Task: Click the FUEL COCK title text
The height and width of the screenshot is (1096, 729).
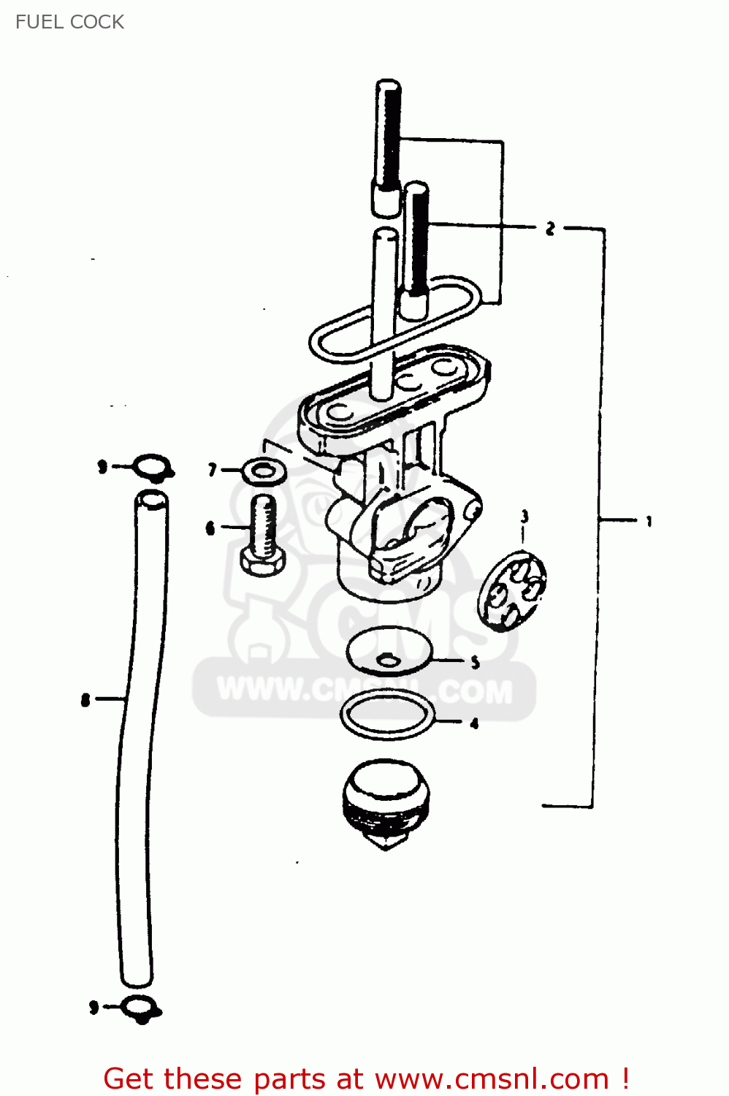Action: (69, 22)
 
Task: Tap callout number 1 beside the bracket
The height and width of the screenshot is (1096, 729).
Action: (649, 522)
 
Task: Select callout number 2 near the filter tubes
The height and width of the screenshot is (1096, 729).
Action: (551, 228)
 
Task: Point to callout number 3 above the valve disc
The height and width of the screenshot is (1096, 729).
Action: (524, 516)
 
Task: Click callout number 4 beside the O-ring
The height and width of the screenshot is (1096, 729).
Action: (473, 723)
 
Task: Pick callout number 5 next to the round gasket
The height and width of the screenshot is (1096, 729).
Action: (475, 663)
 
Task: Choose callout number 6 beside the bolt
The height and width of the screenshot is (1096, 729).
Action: (210, 528)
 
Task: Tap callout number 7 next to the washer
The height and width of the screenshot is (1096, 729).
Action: (212, 471)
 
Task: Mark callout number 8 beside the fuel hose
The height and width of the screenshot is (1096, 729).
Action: (85, 701)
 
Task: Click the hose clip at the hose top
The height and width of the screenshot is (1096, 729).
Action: (153, 467)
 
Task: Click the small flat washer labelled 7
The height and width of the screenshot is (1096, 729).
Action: (264, 472)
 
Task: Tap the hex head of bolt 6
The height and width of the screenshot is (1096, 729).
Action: (263, 562)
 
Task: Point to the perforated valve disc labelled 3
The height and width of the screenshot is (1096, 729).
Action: (511, 591)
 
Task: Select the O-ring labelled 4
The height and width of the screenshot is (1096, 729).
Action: (387, 715)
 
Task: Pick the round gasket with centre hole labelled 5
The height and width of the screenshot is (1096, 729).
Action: (389, 651)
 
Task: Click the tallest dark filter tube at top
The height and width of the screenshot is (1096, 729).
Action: (388, 147)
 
